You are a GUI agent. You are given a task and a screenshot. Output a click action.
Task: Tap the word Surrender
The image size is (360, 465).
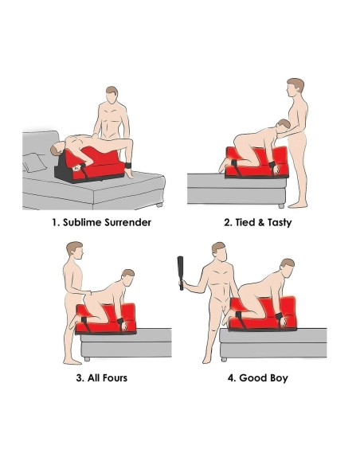tap(127, 222)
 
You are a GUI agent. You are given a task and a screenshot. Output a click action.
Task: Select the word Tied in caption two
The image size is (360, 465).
tap(243, 222)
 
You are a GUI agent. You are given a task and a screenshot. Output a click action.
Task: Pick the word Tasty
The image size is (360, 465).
tap(280, 223)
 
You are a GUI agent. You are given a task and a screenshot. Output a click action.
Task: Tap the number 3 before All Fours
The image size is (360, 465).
tap(79, 377)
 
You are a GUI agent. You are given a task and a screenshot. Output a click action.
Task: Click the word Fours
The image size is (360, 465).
tap(115, 377)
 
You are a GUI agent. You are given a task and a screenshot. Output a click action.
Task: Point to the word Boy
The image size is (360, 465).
tap(279, 378)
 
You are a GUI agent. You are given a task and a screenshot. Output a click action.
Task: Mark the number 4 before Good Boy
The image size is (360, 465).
tap(231, 377)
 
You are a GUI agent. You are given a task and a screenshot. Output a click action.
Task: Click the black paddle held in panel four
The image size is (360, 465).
tap(180, 273)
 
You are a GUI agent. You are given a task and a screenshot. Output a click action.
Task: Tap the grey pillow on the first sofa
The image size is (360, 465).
tap(34, 162)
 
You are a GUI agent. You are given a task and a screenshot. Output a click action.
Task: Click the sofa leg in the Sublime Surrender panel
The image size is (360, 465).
tap(159, 205)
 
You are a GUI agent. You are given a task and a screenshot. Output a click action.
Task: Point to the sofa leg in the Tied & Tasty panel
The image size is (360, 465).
tap(281, 205)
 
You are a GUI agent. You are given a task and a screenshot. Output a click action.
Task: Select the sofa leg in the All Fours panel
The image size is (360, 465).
tap(87, 359)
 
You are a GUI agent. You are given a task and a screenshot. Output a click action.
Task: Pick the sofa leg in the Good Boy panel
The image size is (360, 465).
tap(224, 359)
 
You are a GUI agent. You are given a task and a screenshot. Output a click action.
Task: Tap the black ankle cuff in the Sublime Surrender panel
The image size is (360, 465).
tap(128, 165)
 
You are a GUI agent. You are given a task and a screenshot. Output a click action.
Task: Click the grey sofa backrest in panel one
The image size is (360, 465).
tap(40, 147)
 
